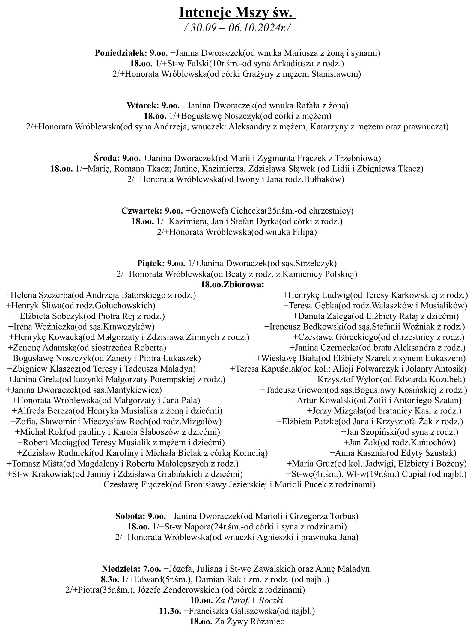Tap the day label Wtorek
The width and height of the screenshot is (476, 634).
[143, 105]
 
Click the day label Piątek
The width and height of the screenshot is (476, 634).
[150, 263]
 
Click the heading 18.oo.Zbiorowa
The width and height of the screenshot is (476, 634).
[233, 284]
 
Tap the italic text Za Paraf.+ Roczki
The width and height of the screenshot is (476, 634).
[249, 600]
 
